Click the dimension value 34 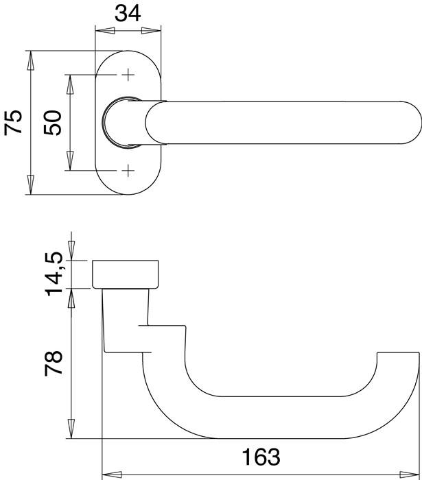click(x=128, y=13)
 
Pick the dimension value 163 click(x=261, y=457)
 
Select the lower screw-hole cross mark click(x=128, y=170)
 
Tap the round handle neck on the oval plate click(x=120, y=122)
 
